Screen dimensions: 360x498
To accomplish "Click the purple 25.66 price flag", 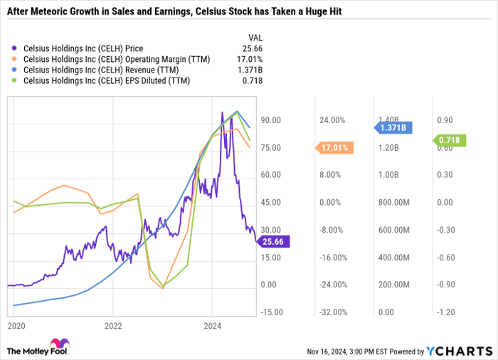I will [x=272, y=243].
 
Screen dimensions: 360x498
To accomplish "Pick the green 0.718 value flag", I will [x=450, y=141].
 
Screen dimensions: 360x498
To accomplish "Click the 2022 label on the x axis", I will [x=113, y=326].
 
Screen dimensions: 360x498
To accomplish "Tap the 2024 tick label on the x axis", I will [x=211, y=326].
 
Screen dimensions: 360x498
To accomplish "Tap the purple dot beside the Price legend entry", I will [x=16, y=48].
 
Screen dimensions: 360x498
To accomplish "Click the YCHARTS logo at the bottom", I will [x=460, y=351].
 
